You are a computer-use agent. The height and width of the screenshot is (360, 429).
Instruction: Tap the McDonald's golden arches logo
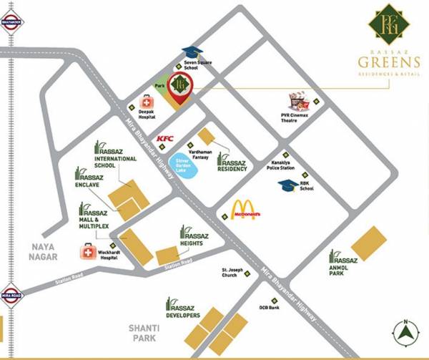[x=245, y=210]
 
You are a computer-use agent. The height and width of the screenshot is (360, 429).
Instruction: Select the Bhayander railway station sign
[x=11, y=23]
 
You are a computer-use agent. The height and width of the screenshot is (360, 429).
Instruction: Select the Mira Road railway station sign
[x=11, y=295]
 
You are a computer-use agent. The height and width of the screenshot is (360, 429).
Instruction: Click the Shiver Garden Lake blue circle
[x=187, y=167]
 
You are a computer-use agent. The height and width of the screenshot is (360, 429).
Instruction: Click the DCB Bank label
[x=270, y=308]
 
